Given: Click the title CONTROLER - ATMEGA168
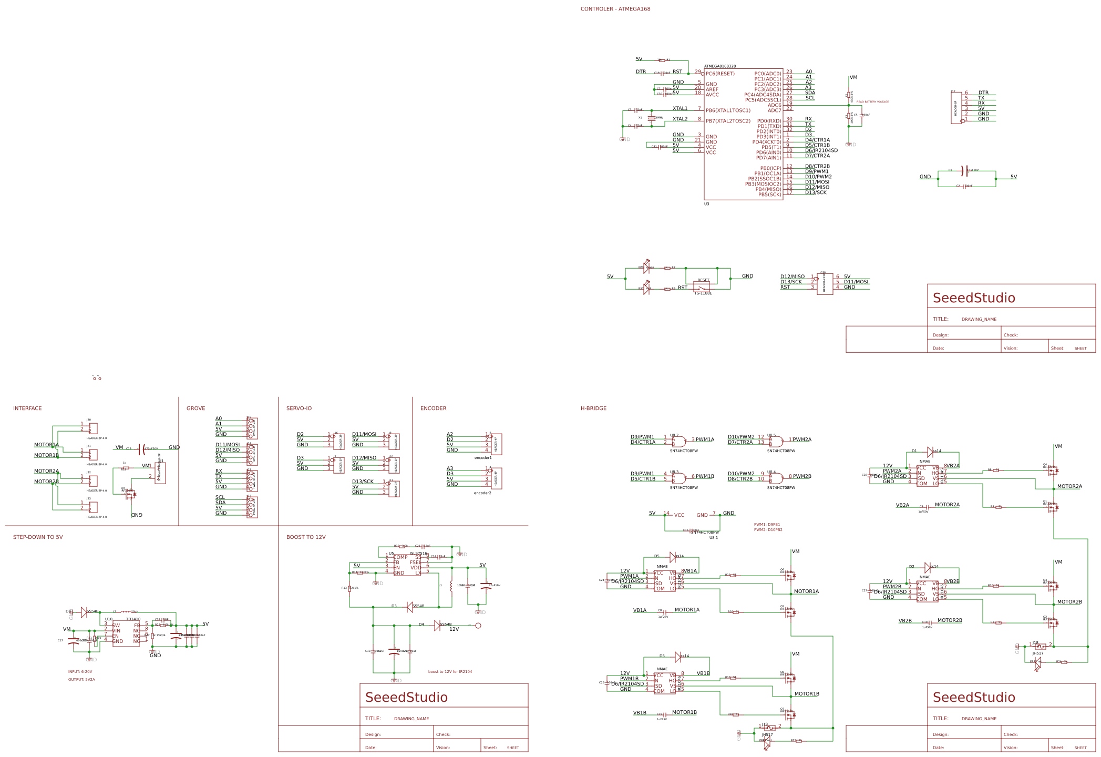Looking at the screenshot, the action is click(615, 9).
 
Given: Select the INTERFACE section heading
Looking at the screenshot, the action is click(27, 408).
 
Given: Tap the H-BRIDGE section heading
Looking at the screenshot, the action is click(593, 408).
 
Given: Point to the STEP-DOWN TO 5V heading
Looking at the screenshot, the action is click(38, 537).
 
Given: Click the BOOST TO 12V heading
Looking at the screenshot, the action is click(306, 537).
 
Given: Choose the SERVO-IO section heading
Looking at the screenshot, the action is click(299, 408).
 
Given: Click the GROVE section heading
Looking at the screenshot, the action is click(195, 408).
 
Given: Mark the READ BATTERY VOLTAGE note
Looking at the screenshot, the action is click(872, 102).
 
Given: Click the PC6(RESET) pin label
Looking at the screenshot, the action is click(720, 74).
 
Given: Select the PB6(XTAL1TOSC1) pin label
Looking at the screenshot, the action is click(728, 110).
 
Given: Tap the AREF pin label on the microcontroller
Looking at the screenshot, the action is click(712, 89).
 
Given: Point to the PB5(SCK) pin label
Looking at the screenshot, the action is click(769, 195).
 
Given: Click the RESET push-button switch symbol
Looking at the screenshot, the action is click(702, 287).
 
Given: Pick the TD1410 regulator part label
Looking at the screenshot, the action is click(133, 619).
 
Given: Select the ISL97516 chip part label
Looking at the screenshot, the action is click(418, 554).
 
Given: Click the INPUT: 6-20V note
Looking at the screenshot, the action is click(80, 672).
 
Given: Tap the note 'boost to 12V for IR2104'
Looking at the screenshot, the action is click(450, 672).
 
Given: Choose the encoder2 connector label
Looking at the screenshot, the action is click(482, 493).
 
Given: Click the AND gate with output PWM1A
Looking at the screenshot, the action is click(678, 442).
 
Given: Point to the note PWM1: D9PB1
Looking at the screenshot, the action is click(767, 525).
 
